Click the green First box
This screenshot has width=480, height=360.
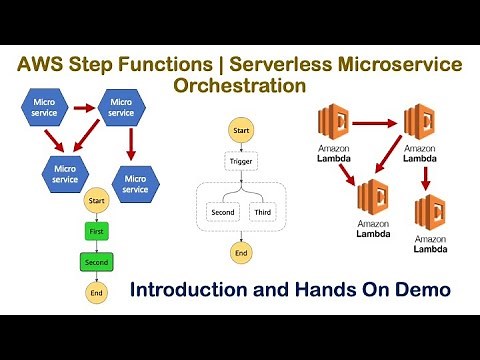coord(96,231)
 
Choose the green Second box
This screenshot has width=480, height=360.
coord(96,263)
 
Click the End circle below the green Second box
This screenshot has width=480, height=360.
coord(96,295)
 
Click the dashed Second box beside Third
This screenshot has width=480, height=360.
coord(221,212)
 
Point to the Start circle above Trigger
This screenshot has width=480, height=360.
coord(240,130)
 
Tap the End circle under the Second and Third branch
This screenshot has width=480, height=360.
coord(240,254)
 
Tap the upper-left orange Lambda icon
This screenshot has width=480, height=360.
coord(338,124)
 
